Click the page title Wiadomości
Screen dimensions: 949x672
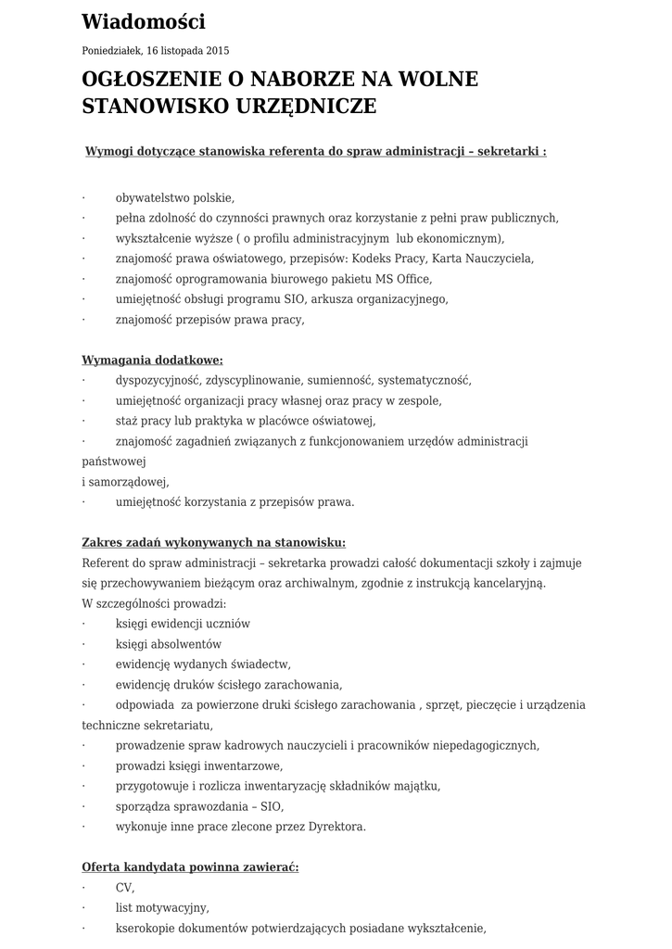tap(144, 21)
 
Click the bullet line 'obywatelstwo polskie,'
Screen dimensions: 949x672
tap(174, 197)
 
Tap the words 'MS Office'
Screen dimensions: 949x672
tap(404, 279)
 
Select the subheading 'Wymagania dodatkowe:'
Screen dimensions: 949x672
tap(152, 360)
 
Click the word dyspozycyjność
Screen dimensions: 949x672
tap(158, 380)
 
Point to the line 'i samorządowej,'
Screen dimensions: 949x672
tap(125, 482)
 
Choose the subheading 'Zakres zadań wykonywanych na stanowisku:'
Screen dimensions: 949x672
tap(213, 542)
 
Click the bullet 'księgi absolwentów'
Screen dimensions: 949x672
tap(169, 644)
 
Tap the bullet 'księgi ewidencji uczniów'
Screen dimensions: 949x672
tap(183, 624)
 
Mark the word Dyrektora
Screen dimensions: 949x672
tap(334, 827)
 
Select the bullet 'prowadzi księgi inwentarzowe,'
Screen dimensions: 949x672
tap(198, 766)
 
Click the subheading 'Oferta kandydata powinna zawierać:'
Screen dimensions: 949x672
tap(190, 867)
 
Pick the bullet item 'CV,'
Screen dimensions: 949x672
tap(125, 888)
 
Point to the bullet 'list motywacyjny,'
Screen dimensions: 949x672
tap(162, 908)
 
